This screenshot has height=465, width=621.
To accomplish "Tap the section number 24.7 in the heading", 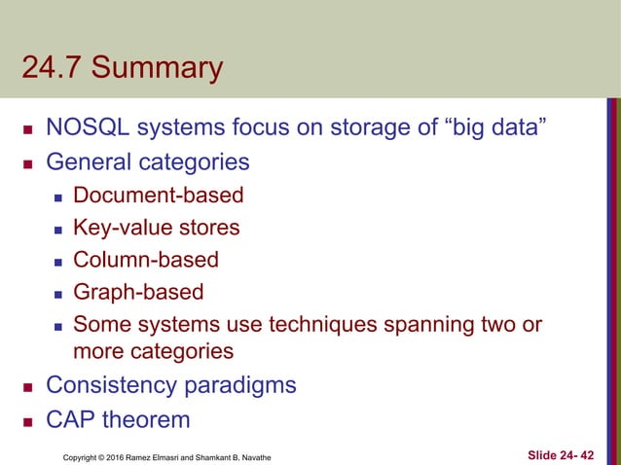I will pyautogui.click(x=54, y=70).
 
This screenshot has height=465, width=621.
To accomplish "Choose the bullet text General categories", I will pyautogui.click(x=147, y=161).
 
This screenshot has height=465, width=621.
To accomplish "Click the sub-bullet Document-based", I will pyautogui.click(x=159, y=196).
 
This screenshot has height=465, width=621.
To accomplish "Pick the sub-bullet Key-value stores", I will pyautogui.click(x=156, y=228).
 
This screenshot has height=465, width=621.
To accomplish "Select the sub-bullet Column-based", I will pyautogui.click(x=146, y=260).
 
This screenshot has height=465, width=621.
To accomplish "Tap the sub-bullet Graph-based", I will pyautogui.click(x=139, y=292).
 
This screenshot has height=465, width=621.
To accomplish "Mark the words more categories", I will pyautogui.click(x=153, y=350).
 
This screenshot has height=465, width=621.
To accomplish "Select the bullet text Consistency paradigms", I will pyautogui.click(x=171, y=385).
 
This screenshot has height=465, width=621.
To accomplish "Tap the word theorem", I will pyautogui.click(x=150, y=419).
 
